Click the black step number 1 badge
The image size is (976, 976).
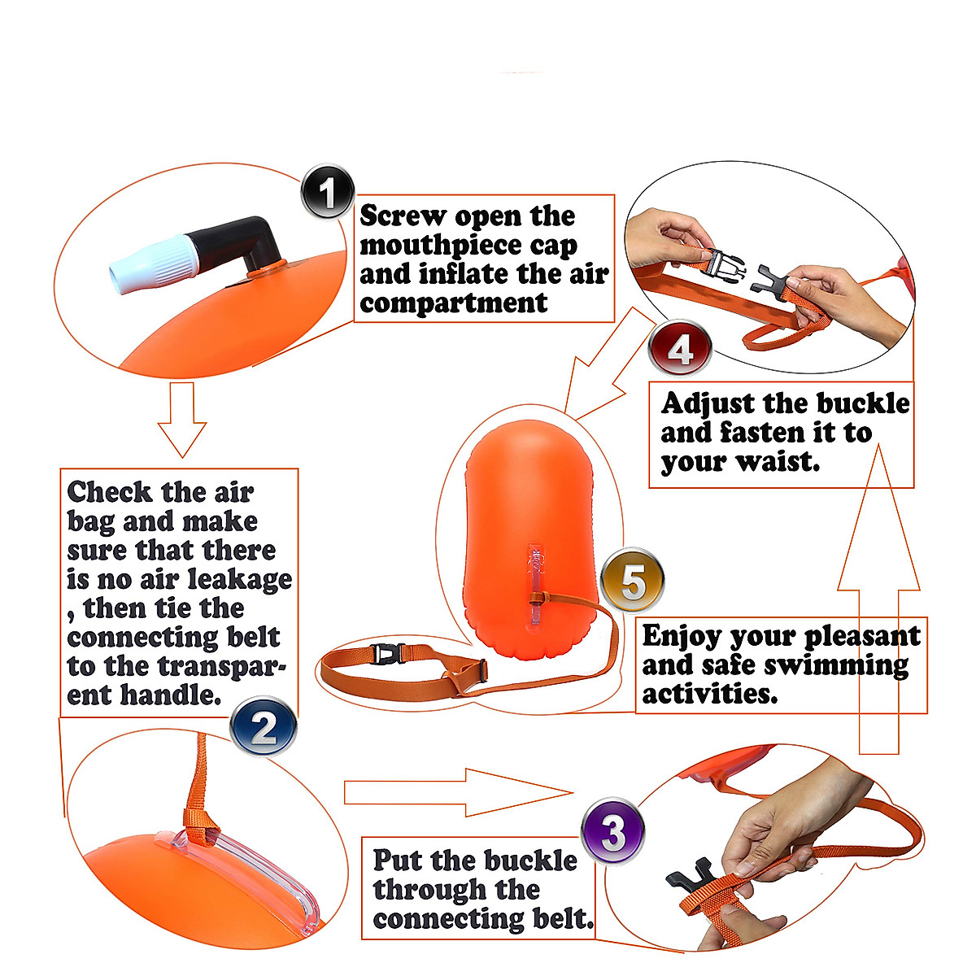(328, 193)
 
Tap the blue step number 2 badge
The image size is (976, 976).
(263, 729)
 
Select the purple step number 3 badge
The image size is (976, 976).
(613, 832)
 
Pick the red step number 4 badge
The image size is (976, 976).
(680, 350)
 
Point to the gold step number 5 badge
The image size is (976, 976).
(632, 582)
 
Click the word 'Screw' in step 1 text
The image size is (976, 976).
(403, 216)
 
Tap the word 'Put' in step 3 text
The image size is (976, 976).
(399, 861)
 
